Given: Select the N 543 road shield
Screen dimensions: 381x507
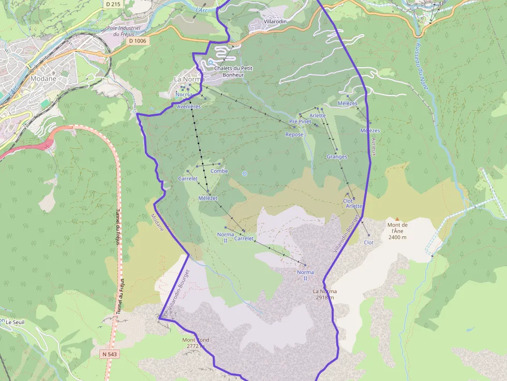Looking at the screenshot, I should click(110, 354).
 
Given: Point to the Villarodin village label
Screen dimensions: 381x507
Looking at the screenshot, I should click(275, 21).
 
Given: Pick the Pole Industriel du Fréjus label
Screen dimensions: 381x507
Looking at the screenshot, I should click(124, 31).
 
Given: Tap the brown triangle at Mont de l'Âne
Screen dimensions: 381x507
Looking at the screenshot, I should click(397, 219).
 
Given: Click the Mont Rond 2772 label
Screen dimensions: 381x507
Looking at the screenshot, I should click(195, 343).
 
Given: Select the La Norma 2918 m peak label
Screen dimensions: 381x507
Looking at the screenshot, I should click(324, 294).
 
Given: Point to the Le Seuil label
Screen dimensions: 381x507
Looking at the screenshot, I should click(15, 322).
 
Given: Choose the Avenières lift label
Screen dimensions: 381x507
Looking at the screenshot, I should click(188, 106).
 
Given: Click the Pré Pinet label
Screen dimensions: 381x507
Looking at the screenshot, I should click(300, 121).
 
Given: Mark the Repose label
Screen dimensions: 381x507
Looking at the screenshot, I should click(294, 134).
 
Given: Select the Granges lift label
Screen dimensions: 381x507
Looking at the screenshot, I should click(337, 157).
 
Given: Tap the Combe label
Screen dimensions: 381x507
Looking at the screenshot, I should click(219, 171).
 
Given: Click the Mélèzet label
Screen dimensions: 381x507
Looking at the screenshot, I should click(208, 198).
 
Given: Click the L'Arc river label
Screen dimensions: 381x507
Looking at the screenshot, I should click(202, 9).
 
